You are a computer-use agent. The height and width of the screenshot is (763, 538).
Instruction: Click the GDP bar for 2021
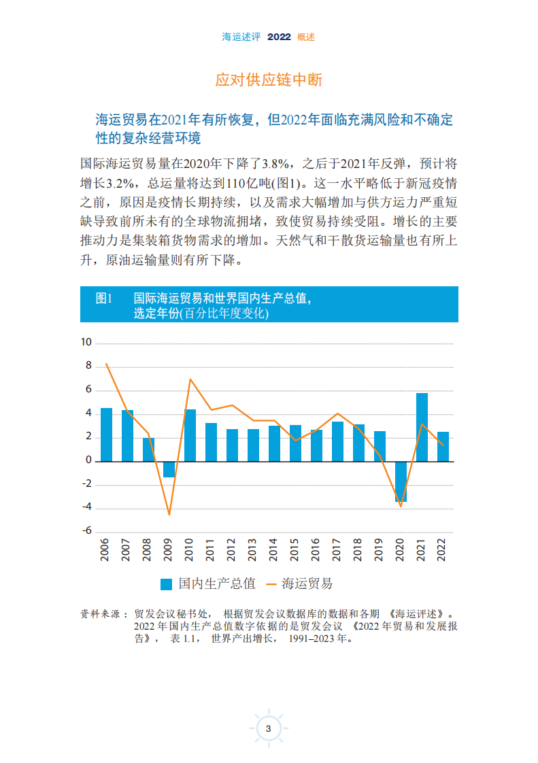[422, 427]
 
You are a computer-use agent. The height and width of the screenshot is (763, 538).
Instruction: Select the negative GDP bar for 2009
[169, 469]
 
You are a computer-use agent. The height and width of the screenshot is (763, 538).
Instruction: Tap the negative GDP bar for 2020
[401, 481]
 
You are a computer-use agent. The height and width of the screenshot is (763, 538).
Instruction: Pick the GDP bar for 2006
[106, 435]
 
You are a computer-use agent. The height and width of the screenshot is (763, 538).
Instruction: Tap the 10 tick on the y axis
[86, 342]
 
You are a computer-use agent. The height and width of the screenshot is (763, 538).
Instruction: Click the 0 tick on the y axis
[88, 460]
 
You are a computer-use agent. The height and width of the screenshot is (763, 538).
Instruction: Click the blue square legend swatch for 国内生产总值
[166, 584]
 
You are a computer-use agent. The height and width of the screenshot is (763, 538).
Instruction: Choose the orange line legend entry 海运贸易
[299, 584]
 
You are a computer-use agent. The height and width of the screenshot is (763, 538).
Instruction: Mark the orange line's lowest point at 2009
[169, 515]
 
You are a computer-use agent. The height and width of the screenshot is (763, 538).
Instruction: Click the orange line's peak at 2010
[190, 379]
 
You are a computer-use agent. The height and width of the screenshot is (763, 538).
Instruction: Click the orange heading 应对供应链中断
[269, 80]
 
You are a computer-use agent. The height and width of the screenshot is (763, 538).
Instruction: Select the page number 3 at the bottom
[269, 729]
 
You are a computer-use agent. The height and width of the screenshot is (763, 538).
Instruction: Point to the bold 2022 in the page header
[279, 37]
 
